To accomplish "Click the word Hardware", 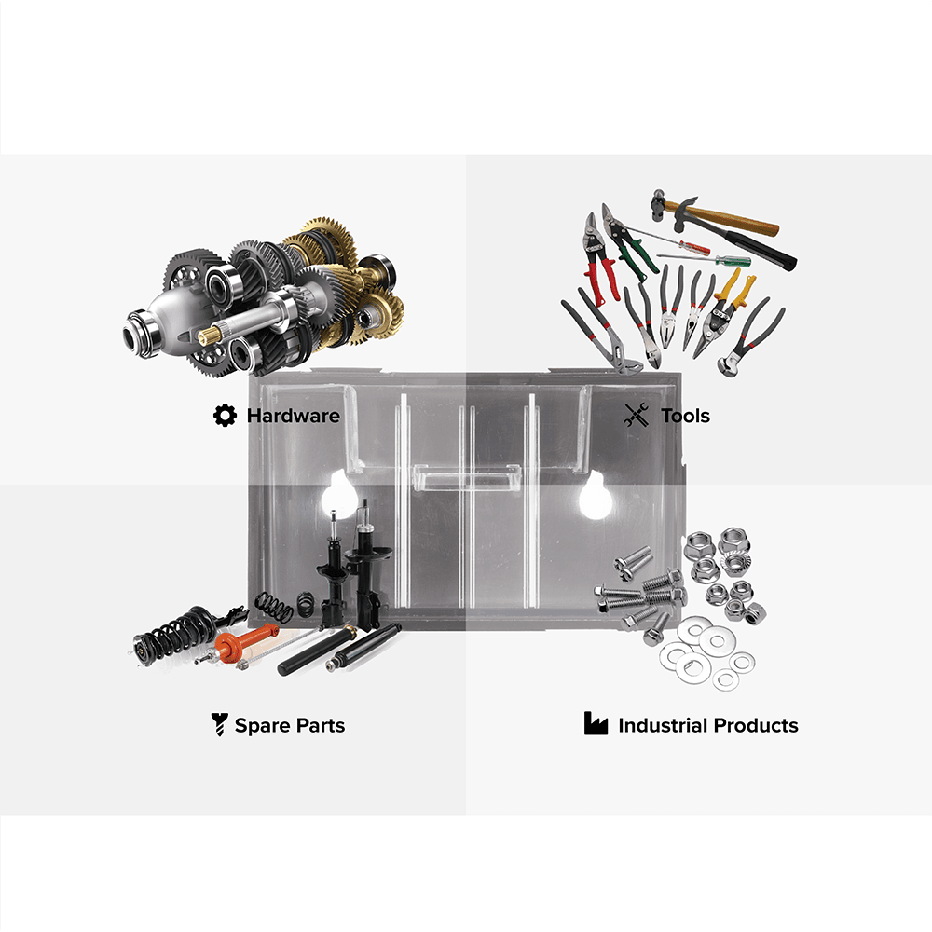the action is (293, 416).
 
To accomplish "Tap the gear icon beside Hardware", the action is (225, 416).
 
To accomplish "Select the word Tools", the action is (685, 416).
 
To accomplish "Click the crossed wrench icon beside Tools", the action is (636, 415).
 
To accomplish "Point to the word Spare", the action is (262, 726).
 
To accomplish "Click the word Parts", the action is (321, 725).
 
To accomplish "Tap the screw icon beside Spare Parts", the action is (219, 724).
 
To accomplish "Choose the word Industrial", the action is (662, 725).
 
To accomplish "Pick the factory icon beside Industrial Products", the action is (596, 723).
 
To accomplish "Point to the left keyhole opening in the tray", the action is (338, 495).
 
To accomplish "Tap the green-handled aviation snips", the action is (630, 247).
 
